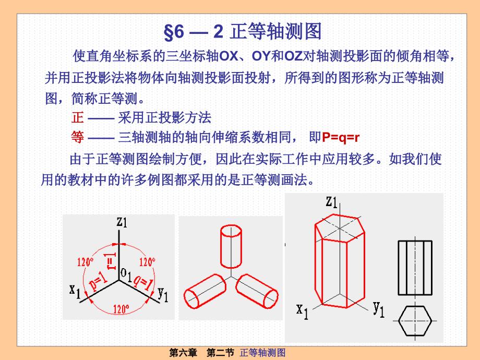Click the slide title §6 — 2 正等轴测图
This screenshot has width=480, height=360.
pos(243,32)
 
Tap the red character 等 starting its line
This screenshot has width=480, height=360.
pos(77,137)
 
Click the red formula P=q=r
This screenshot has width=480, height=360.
pos(341,138)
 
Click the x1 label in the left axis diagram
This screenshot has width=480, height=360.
pos(75,290)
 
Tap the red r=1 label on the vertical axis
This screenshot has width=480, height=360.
pos(111,259)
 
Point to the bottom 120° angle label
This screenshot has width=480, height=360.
pos(121,309)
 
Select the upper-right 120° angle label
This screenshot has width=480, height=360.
pos(147,262)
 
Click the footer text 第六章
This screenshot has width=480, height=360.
pos(183,353)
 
